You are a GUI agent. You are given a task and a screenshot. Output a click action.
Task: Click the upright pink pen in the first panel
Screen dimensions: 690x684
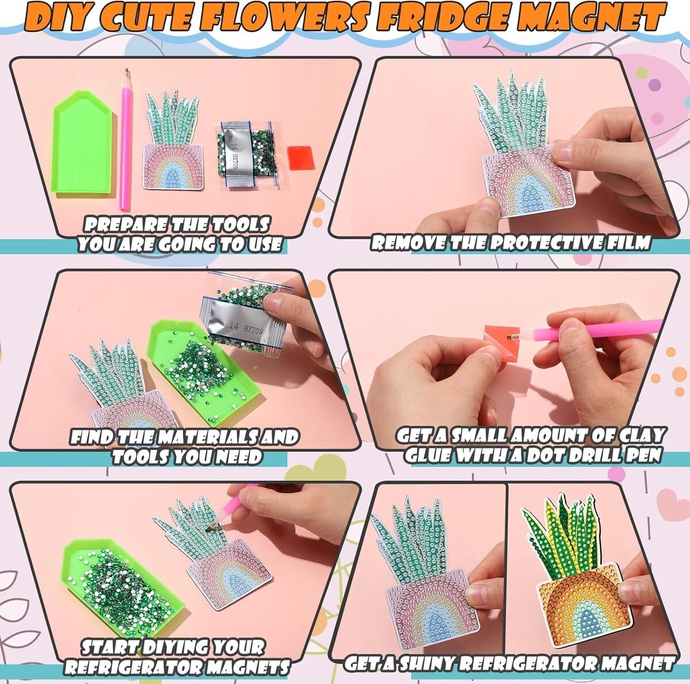[x=126, y=140]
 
